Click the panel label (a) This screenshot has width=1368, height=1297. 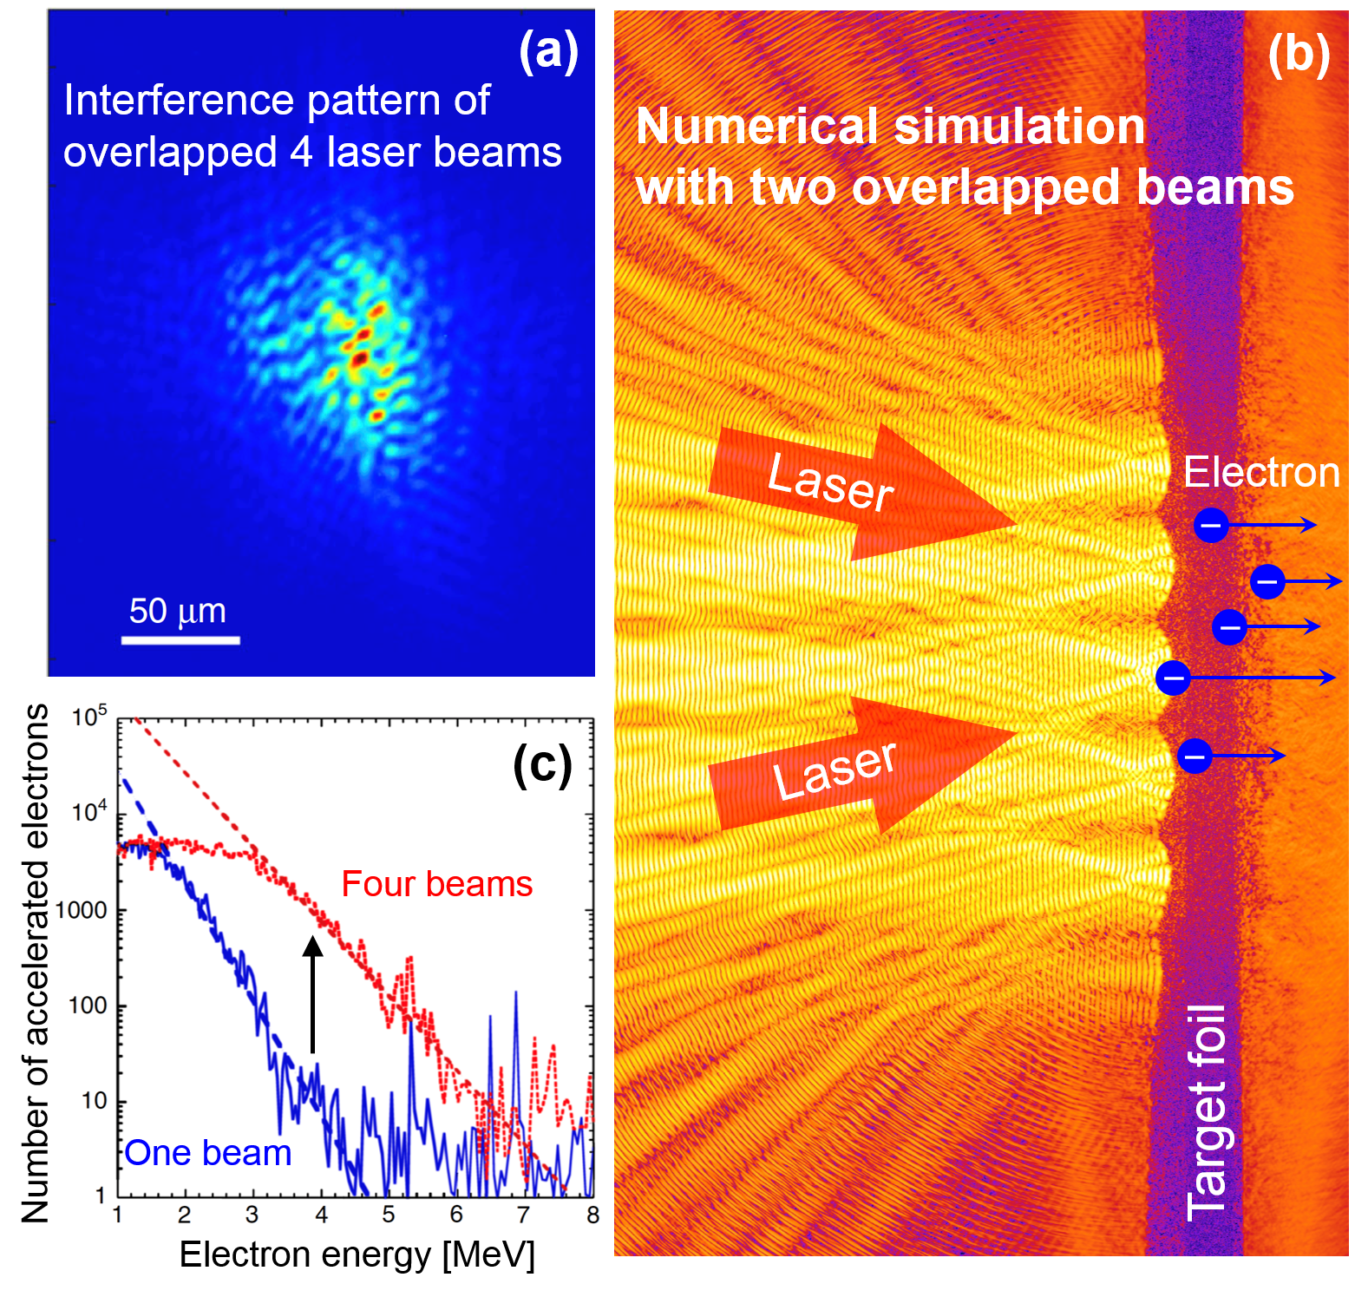(x=548, y=51)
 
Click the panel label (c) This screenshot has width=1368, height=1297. (x=542, y=764)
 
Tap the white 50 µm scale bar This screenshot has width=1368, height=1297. (x=180, y=640)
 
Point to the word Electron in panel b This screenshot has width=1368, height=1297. (x=1261, y=473)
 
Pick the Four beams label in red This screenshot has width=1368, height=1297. (x=436, y=884)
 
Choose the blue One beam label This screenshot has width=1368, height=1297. (x=208, y=1153)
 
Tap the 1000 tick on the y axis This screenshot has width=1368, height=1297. (x=82, y=910)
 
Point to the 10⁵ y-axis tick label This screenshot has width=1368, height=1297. (x=88, y=717)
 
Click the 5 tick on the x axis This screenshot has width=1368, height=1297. (x=389, y=1215)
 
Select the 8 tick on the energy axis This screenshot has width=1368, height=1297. (x=592, y=1215)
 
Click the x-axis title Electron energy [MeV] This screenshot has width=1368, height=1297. (x=357, y=1254)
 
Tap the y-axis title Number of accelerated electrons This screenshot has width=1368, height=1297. (x=36, y=963)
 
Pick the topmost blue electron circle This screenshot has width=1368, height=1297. (x=1211, y=525)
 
